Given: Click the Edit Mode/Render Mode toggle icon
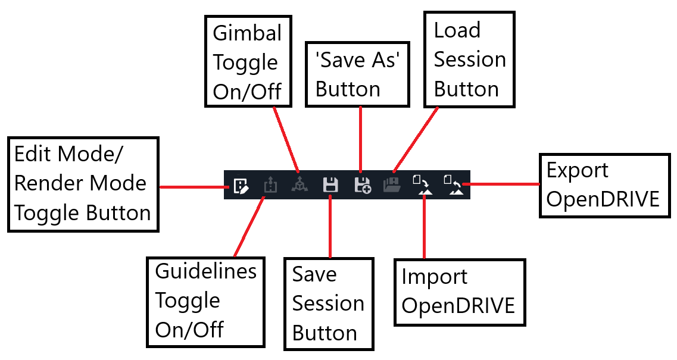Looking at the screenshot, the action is [241, 186].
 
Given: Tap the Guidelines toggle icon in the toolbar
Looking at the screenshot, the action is [270, 184].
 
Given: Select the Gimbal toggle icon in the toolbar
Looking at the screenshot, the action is [299, 185].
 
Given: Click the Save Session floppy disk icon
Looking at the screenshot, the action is [330, 184].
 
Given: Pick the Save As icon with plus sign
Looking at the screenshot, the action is [362, 184].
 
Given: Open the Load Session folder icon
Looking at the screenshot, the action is [392, 184].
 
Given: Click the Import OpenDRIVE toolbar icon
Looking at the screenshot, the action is [422, 184].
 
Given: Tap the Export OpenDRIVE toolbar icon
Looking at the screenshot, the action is [453, 184].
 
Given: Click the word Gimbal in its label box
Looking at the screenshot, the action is [247, 33].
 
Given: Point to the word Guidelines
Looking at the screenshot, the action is [206, 271].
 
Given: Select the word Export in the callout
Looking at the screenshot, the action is [577, 171].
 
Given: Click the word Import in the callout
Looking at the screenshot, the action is [434, 277].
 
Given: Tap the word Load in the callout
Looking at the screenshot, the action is [457, 30].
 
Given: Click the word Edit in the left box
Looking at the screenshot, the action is [33, 154].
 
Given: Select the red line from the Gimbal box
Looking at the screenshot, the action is [286, 139].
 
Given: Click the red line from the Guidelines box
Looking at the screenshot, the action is [249, 227].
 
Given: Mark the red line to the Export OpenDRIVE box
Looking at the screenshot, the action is [504, 184].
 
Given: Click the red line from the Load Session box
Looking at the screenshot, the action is [416, 139].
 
